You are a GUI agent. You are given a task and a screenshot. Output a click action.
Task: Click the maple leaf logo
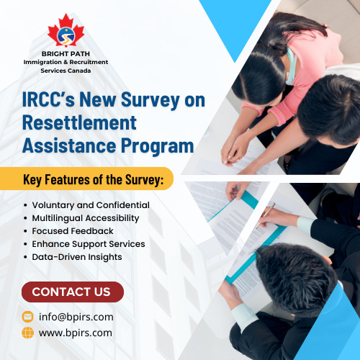pyautogui.click(x=66, y=30)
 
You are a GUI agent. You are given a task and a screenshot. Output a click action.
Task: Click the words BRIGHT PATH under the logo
pyautogui.click(x=66, y=54)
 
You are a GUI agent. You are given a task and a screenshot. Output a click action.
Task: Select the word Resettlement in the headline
pyautogui.click(x=79, y=122)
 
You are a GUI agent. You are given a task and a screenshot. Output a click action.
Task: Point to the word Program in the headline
pyautogui.click(x=158, y=146)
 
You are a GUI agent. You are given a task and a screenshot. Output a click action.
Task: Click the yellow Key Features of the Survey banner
pyautogui.click(x=86, y=179)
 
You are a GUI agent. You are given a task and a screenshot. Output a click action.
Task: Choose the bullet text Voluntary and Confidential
pyautogui.click(x=91, y=205)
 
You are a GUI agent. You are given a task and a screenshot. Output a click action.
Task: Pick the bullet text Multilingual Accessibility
pyautogui.click(x=86, y=218)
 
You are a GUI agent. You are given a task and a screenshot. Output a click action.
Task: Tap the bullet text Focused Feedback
pyautogui.click(x=73, y=231)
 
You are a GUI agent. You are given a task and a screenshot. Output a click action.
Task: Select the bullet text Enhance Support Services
pyautogui.click(x=89, y=244)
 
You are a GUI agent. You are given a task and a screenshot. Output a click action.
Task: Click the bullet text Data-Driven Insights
pyautogui.click(x=77, y=257)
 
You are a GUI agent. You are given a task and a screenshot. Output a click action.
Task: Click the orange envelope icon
pyautogui.click(x=27, y=317)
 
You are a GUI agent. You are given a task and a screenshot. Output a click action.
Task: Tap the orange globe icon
pyautogui.click(x=27, y=333)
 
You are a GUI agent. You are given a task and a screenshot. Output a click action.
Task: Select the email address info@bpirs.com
pyautogui.click(x=76, y=317)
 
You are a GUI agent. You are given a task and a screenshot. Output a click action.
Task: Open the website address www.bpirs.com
pyautogui.click(x=76, y=333)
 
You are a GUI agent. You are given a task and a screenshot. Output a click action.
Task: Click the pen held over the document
pyautogui.click(x=265, y=215)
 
